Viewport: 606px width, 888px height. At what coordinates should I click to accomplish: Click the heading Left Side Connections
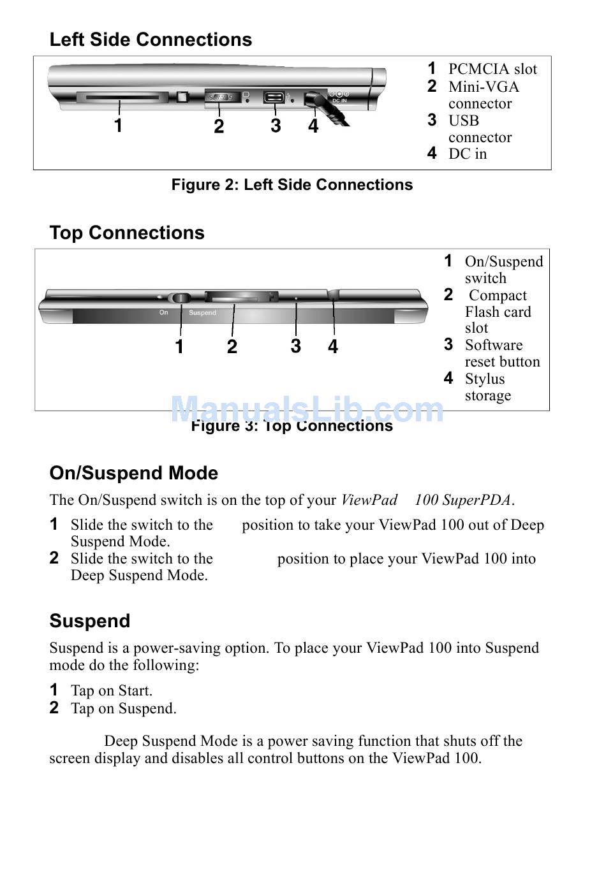click(151, 40)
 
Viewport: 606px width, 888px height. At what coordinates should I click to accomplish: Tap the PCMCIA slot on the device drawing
click(121, 98)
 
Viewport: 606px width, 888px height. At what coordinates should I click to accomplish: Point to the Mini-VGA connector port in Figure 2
click(220, 98)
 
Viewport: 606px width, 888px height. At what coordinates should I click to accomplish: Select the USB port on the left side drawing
click(274, 98)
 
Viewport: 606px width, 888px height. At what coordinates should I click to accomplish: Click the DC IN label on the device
click(339, 101)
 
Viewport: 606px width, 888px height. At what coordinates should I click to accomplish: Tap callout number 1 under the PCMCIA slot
click(118, 126)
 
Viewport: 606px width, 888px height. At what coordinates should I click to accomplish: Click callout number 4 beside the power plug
click(313, 126)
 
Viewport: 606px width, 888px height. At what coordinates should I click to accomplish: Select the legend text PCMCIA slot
click(492, 69)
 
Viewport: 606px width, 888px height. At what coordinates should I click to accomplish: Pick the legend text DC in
click(468, 154)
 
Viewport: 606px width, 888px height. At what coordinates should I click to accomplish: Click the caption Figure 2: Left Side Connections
click(292, 185)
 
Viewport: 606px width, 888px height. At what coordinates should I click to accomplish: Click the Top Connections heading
click(127, 233)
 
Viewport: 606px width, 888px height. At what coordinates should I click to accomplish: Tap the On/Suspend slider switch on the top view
click(181, 298)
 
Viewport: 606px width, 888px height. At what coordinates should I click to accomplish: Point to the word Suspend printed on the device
click(202, 313)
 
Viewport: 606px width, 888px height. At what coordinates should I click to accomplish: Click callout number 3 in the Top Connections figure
click(295, 346)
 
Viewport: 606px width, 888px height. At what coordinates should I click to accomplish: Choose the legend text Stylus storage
click(487, 387)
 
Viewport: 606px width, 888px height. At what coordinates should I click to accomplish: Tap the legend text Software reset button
click(502, 353)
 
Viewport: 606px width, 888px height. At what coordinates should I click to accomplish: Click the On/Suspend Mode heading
click(134, 473)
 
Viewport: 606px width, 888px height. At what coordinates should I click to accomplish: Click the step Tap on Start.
click(112, 690)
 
